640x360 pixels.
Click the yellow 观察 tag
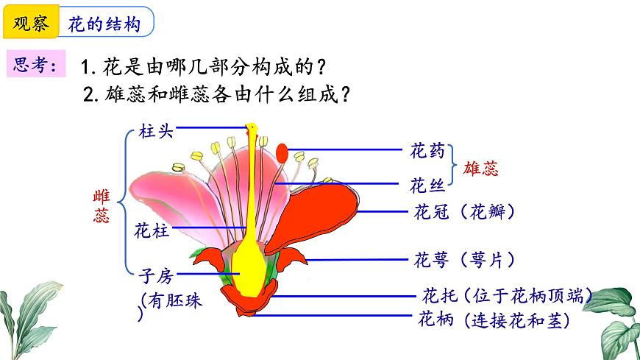(30, 24)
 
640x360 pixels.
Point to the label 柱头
(155, 132)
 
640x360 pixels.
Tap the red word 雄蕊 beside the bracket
(481, 169)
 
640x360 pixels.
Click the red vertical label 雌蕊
(102, 206)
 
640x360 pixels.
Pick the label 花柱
(152, 230)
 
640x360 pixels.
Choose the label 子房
(155, 276)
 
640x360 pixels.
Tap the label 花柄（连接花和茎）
(494, 320)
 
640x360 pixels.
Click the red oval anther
(282, 152)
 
